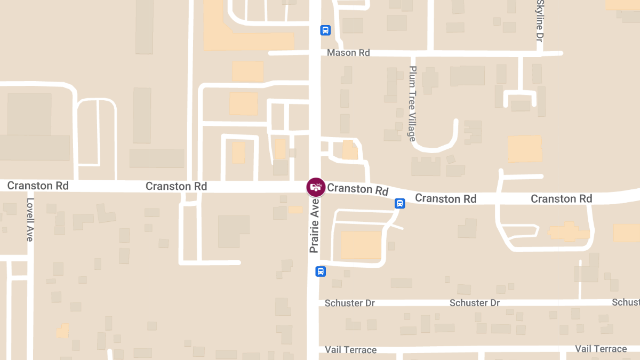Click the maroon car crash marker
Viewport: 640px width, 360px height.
[x=315, y=187]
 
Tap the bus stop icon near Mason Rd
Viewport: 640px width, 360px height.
[x=325, y=30]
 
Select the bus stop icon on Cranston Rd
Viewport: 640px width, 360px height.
[x=399, y=203]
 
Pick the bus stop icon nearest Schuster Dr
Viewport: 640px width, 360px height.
[x=321, y=271]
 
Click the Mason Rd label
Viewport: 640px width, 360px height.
[x=348, y=53]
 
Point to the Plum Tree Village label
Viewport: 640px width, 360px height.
[x=412, y=103]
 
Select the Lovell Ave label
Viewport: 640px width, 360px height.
[x=30, y=220]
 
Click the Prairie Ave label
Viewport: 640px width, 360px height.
[x=314, y=226]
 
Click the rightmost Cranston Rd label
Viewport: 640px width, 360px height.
[x=561, y=198]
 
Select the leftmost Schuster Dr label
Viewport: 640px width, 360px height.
[x=350, y=303]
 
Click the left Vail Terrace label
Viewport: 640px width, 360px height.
[x=351, y=350]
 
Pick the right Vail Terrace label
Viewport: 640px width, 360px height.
[x=601, y=349]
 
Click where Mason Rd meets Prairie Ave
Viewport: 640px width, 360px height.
[x=315, y=53]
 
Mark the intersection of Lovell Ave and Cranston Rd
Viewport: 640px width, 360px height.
[x=30, y=186]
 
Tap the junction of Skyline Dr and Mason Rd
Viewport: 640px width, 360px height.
[x=539, y=53]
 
